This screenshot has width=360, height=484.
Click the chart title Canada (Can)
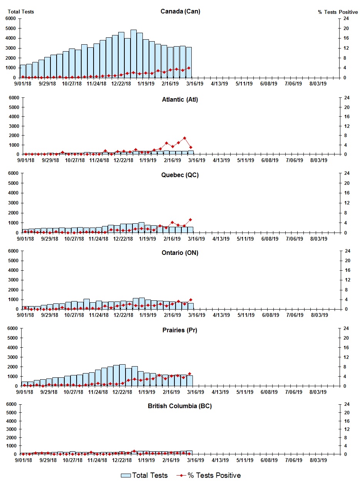(180, 12)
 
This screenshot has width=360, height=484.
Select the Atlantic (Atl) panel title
(180, 100)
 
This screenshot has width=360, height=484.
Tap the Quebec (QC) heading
(180, 175)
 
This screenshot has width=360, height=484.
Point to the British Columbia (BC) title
(180, 406)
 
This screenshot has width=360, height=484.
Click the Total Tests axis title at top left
(21, 12)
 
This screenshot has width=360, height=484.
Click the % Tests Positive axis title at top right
(338, 12)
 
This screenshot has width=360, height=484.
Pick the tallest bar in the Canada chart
(134, 54)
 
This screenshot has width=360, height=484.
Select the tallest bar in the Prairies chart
(122, 375)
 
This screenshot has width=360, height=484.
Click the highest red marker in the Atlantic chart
(184, 138)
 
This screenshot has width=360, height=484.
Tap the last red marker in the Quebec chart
(190, 220)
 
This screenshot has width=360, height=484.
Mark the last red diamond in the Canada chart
(189, 68)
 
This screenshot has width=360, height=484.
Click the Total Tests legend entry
(144, 476)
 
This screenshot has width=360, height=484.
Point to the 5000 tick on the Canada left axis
(10, 28)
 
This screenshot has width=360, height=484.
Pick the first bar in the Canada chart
(23, 71)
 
